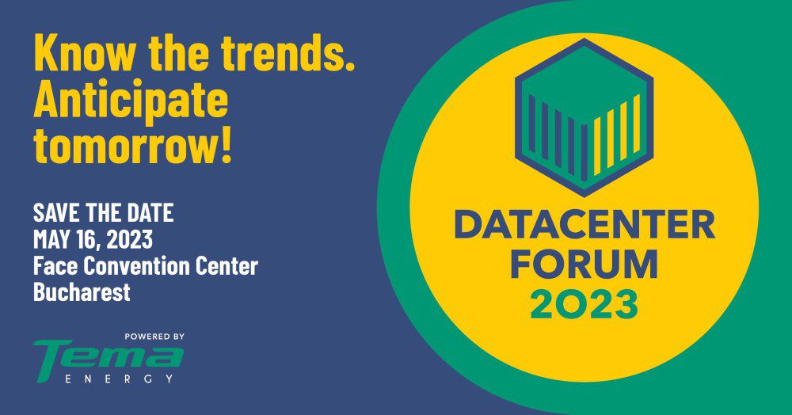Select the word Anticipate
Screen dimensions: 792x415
[131, 101]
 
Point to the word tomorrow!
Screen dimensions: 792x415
[132, 146]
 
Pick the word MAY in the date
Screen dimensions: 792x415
[51, 239]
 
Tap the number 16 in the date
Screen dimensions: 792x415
[85, 239]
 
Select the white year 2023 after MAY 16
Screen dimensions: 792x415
[129, 239]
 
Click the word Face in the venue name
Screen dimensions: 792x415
[55, 266]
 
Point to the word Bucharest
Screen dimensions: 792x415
[82, 292]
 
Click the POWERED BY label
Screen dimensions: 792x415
[154, 337]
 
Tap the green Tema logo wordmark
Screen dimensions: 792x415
[108, 359]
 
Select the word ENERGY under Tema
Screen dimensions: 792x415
[120, 379]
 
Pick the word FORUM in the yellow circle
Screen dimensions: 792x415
[584, 264]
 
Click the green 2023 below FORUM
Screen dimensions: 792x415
[584, 304]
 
